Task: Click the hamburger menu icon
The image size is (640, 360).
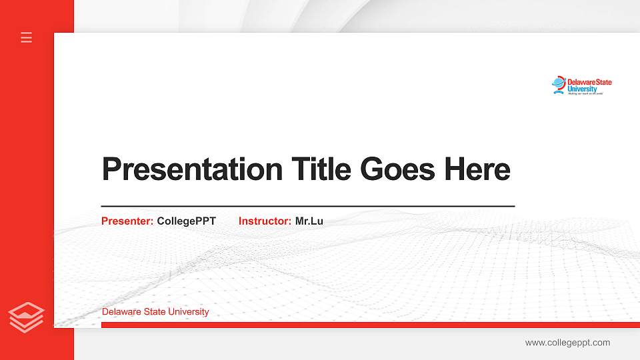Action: click(27, 37)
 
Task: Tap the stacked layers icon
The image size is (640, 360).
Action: click(27, 317)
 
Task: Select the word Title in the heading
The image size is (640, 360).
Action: click(321, 169)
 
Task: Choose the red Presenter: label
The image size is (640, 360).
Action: click(127, 221)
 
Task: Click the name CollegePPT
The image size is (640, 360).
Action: click(187, 221)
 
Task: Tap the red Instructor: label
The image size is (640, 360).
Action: click(265, 221)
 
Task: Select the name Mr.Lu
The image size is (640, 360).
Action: click(309, 221)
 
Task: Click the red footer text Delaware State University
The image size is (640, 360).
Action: click(155, 312)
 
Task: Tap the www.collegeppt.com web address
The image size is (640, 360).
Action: click(567, 343)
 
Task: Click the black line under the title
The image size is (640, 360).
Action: click(308, 207)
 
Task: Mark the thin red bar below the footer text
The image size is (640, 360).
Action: click(370, 325)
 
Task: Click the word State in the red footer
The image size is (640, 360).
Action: click(155, 312)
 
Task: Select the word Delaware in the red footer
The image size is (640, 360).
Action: click(121, 312)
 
